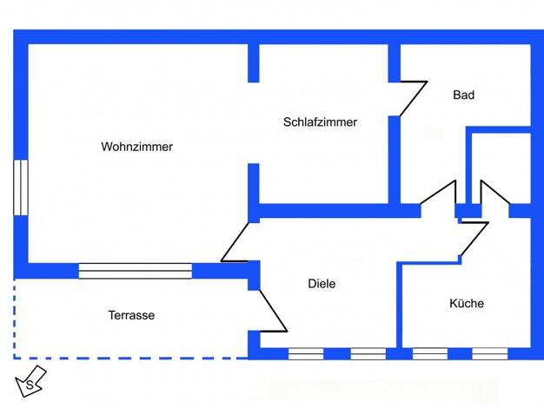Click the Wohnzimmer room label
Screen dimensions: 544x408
(136, 147)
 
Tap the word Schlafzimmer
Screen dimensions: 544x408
(320, 122)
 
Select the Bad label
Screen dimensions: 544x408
(463, 95)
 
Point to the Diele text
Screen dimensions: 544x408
(322, 284)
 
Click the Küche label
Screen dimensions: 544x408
(467, 303)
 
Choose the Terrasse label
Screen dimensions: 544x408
(131, 315)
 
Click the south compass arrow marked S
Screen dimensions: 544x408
(30, 381)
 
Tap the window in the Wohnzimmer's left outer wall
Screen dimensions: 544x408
(21, 188)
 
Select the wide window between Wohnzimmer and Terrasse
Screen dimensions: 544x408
(136, 271)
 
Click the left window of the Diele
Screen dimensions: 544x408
(306, 354)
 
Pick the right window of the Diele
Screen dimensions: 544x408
(368, 354)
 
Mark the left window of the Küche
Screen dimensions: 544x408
(430, 354)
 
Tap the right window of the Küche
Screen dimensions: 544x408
(490, 354)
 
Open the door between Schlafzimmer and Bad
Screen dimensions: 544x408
(413, 99)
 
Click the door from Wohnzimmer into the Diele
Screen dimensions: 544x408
(235, 241)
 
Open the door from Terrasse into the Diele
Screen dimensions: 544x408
(274, 311)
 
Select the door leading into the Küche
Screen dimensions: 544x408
(474, 240)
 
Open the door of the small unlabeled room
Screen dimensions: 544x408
(495, 192)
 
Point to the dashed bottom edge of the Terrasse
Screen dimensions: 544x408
(131, 358)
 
